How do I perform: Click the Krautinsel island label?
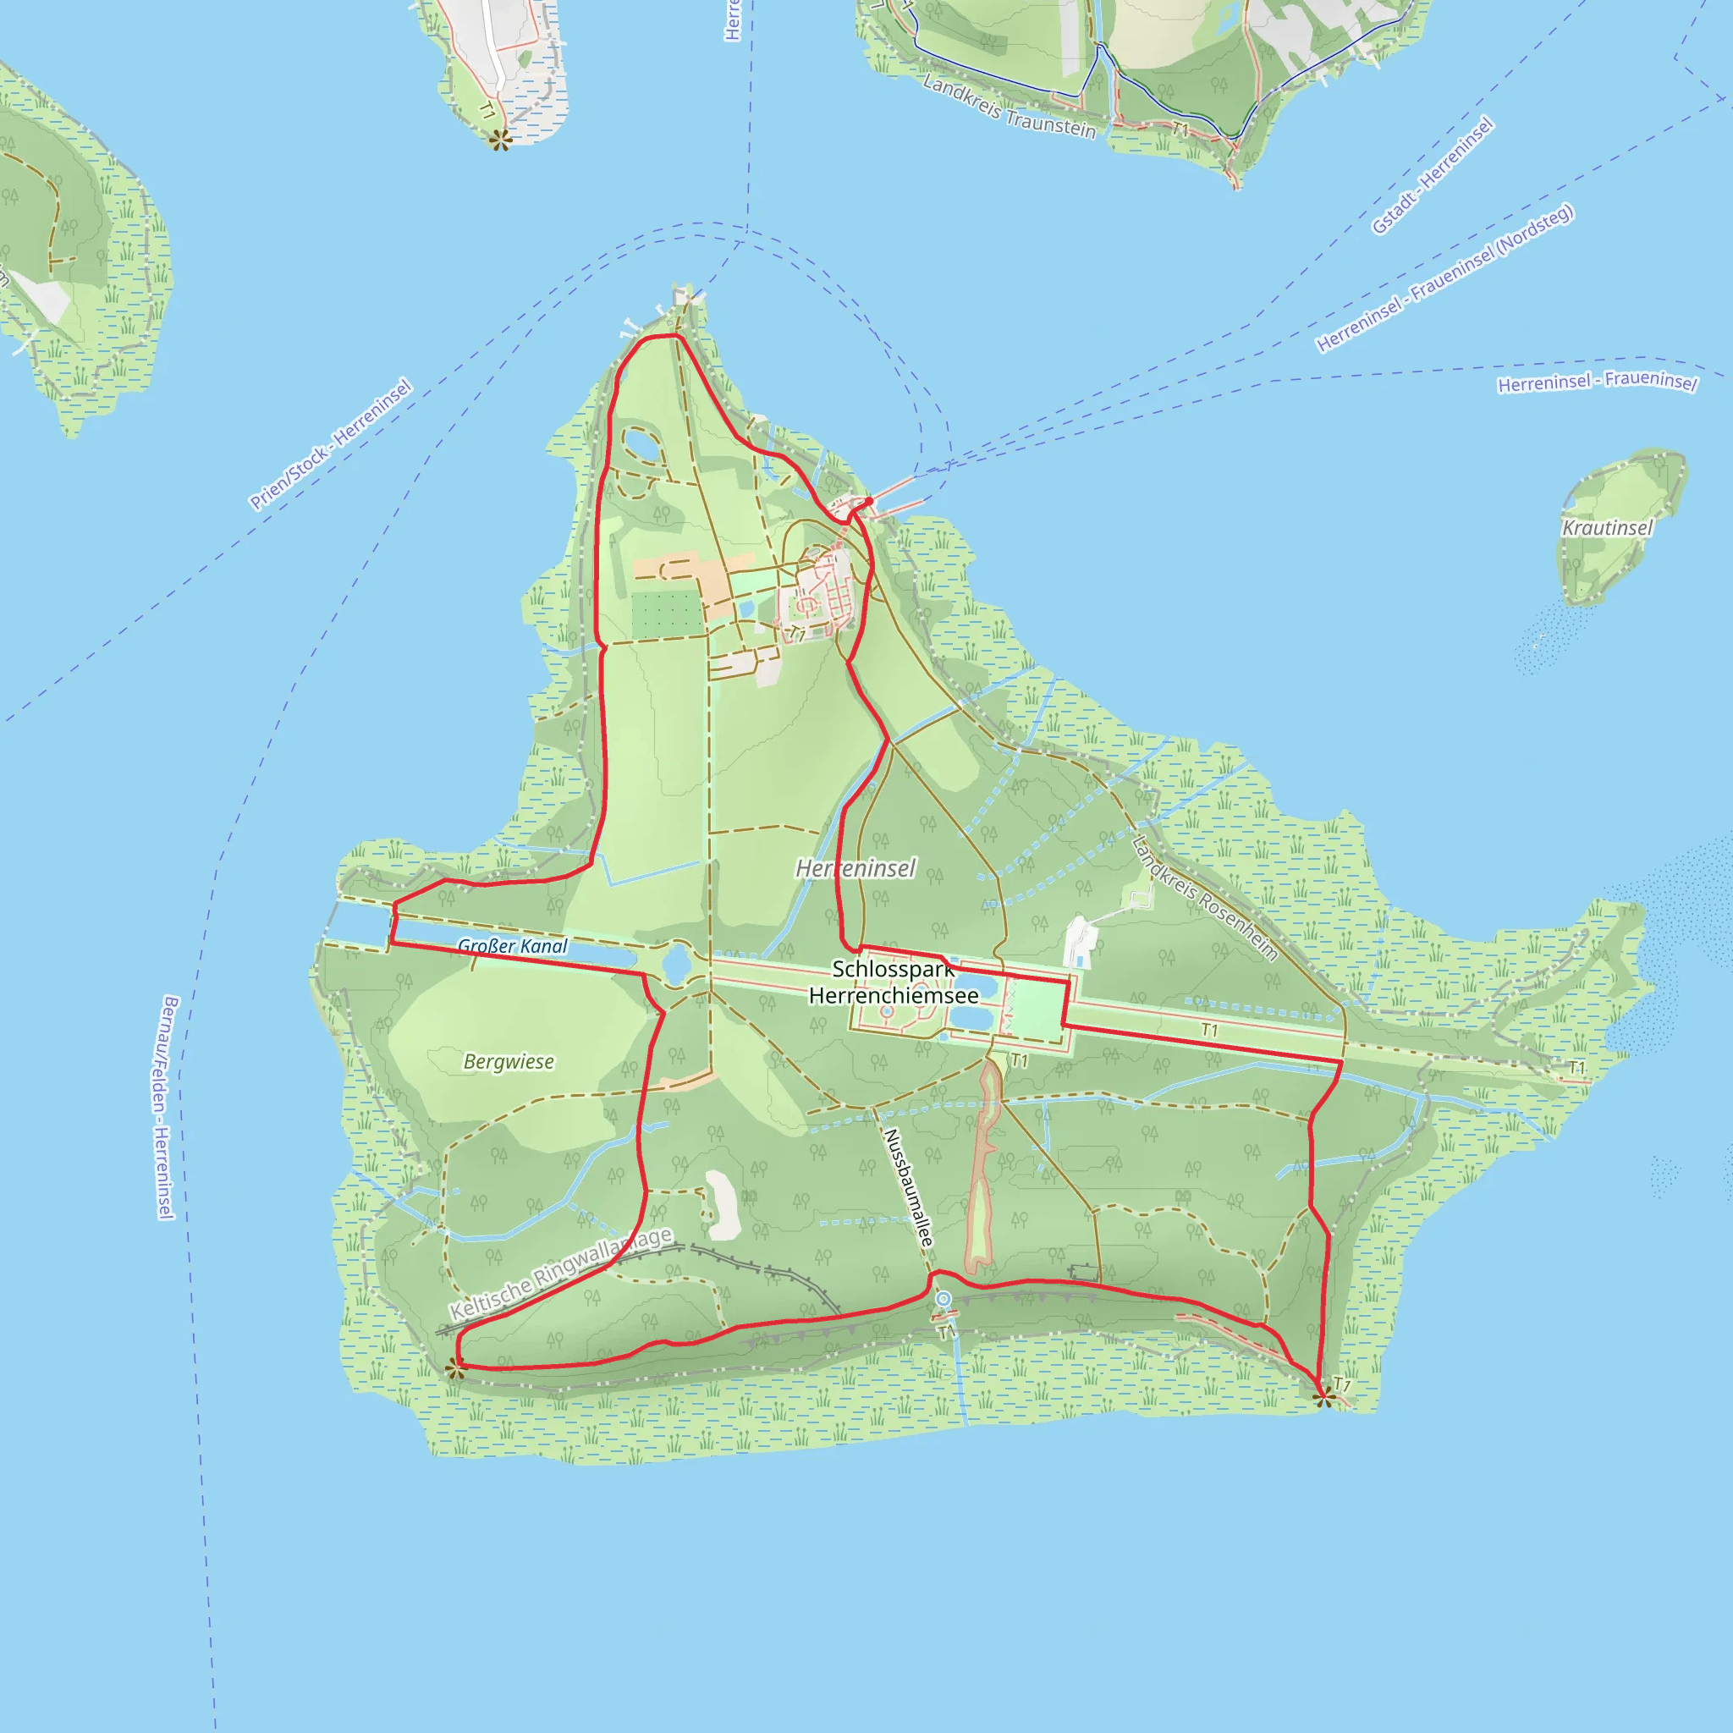1607,527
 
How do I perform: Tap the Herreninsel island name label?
855,868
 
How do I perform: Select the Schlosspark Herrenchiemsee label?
894,982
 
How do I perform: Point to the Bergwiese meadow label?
509,1062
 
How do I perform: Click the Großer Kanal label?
512,946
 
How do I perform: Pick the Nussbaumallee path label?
909,1186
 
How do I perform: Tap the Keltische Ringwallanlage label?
561,1274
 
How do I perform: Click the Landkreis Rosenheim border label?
1204,899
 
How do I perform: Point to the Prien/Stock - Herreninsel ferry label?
331,444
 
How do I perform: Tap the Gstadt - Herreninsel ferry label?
1433,176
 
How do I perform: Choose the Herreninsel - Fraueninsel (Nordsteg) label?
1444,279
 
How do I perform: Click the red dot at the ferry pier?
869,502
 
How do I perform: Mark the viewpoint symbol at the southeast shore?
1323,1395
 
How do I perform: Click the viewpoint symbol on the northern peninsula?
499,139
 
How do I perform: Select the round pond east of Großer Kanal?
676,965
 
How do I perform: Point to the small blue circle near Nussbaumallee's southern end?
943,1299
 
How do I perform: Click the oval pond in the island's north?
639,443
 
